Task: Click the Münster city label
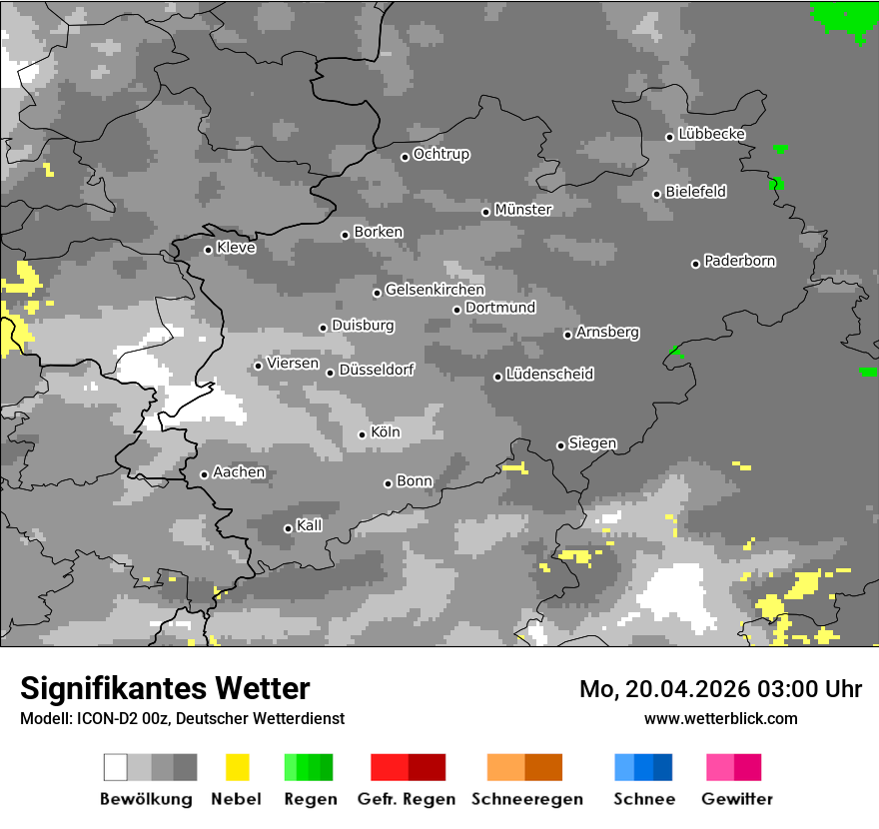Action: [x=523, y=210]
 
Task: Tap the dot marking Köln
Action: [x=363, y=434]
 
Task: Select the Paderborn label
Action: [x=739, y=261]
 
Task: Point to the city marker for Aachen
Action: [x=205, y=474]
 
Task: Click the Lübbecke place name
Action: [x=711, y=134]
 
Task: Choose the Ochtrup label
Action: [x=441, y=154]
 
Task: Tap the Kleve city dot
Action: [x=209, y=250]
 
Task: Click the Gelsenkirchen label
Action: [x=435, y=290]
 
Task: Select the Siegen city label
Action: [x=592, y=443]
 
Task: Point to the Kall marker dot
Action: [x=289, y=528]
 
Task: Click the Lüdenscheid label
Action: [x=549, y=375]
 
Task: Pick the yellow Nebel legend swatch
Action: [x=237, y=767]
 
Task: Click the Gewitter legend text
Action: [x=737, y=799]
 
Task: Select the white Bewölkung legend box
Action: [x=116, y=767]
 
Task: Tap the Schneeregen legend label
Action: [x=526, y=799]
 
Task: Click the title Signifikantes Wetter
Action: [x=165, y=688]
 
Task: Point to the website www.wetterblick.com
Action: [x=720, y=718]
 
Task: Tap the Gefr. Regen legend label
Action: [x=407, y=799]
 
